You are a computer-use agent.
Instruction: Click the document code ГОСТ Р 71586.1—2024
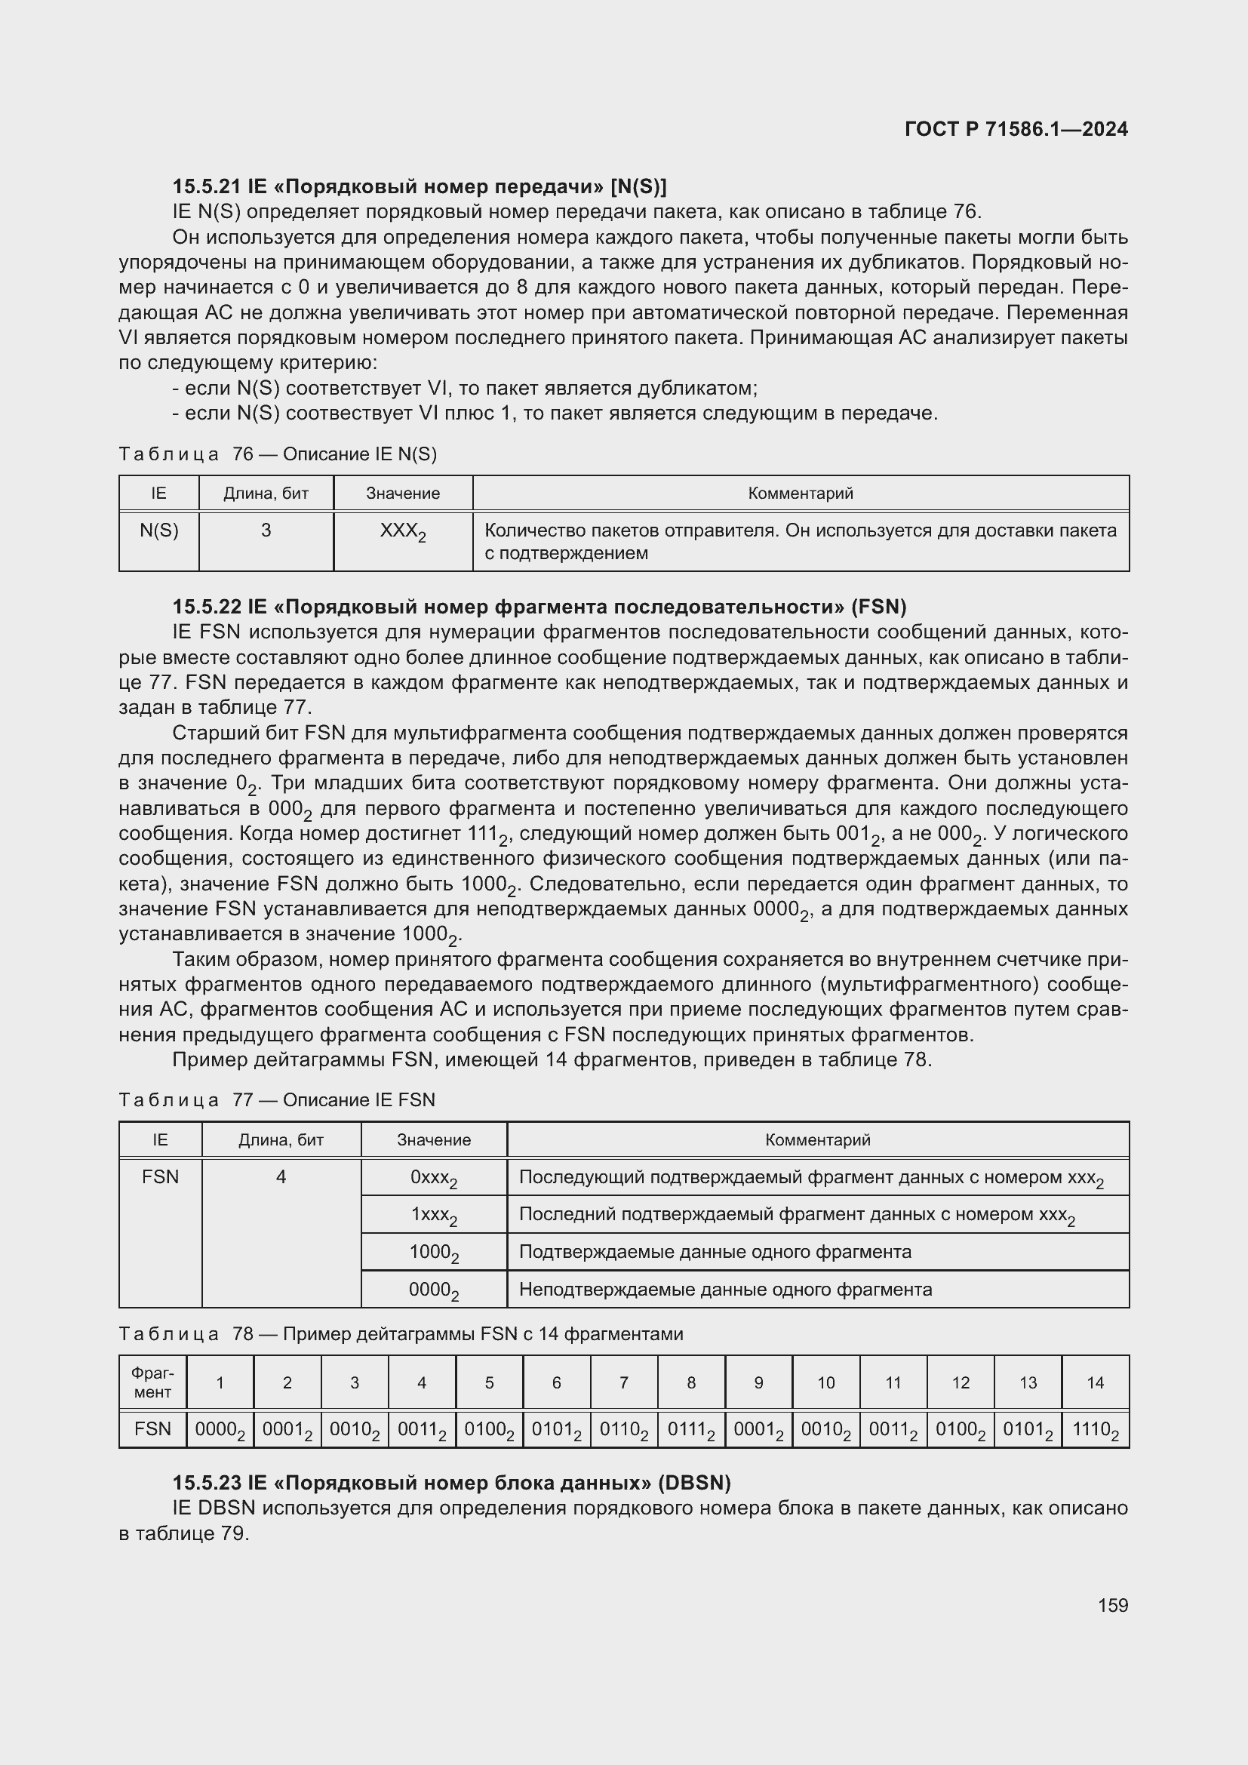[x=1016, y=129]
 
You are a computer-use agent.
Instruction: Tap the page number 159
[x=1113, y=1605]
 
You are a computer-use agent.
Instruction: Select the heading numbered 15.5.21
[x=420, y=187]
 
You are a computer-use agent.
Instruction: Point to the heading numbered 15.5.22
[x=539, y=607]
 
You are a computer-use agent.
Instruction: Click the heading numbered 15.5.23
[x=451, y=1483]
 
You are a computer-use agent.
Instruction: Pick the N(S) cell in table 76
[x=159, y=530]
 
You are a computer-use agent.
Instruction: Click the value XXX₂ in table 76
[x=403, y=532]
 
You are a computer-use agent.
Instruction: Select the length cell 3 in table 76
[x=266, y=530]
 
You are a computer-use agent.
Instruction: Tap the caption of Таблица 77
[x=277, y=1100]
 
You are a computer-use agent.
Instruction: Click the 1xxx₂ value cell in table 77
[x=433, y=1216]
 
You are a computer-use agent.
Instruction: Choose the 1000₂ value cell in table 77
[x=433, y=1253]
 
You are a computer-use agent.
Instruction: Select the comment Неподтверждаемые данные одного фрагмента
[x=725, y=1290]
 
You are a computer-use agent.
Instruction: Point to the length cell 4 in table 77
[x=281, y=1177]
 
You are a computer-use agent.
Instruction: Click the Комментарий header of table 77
[x=818, y=1140]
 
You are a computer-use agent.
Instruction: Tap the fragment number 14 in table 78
[x=1095, y=1383]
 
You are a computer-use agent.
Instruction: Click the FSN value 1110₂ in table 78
[x=1095, y=1431]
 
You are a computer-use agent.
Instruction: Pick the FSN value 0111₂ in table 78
[x=691, y=1431]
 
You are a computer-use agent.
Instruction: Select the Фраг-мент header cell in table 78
[x=152, y=1383]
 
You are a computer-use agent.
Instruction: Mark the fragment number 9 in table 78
[x=758, y=1383]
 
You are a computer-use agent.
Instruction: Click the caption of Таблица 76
[x=278, y=454]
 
